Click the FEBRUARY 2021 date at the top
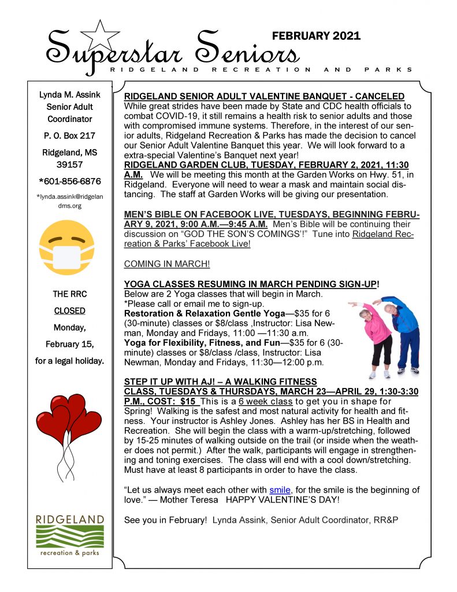pos(316,36)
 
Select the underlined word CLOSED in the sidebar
pos(70,310)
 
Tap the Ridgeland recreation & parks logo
pos(69,535)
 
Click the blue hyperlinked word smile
pos(280,490)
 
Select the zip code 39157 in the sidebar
pos(70,165)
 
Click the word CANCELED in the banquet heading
pos(376,96)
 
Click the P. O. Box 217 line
pos(70,136)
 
